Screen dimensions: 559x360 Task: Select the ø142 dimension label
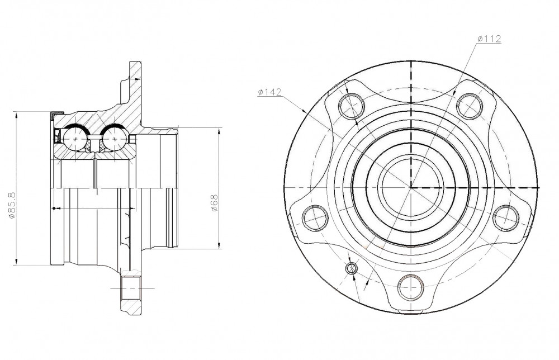click(269, 92)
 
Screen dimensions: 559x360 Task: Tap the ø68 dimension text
click(214, 203)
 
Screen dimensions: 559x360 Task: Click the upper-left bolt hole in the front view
click(352, 106)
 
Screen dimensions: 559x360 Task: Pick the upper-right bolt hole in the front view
click(470, 106)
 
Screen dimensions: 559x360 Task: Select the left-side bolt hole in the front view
click(315, 218)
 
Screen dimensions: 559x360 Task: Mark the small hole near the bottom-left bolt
click(352, 268)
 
